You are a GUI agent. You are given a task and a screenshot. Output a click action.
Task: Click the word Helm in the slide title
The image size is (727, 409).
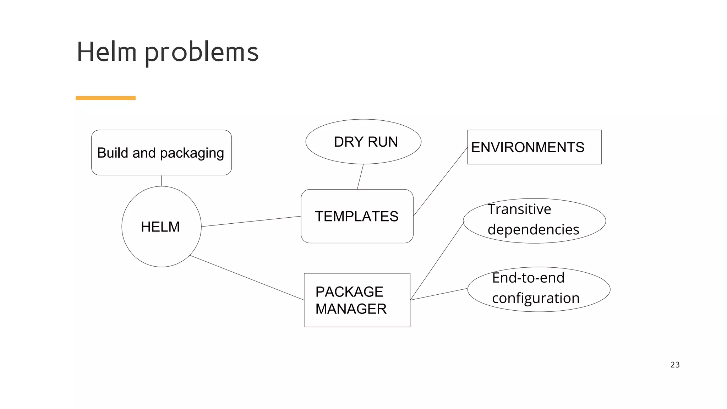point(106,52)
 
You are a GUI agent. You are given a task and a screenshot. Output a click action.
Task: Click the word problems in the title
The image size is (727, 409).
point(202,53)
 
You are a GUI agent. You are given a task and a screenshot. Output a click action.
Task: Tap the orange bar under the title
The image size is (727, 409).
point(105,98)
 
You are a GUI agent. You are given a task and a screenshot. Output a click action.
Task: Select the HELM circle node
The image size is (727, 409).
point(161,227)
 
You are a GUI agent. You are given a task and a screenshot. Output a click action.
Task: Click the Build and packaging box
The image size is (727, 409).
point(161,153)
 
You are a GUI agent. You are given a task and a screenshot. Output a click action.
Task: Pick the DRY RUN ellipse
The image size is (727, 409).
point(363,142)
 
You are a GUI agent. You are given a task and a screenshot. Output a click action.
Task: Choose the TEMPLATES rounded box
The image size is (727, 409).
point(357,216)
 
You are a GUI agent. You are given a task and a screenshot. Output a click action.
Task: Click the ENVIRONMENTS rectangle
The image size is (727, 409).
point(534,147)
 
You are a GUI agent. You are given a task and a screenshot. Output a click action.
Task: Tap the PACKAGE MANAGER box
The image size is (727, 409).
point(357,300)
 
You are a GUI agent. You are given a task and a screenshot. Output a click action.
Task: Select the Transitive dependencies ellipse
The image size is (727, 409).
point(534,220)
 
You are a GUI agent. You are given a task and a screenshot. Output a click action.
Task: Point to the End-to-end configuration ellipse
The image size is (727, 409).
point(538,289)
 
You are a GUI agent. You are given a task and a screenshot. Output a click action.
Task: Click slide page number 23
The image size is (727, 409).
point(674,365)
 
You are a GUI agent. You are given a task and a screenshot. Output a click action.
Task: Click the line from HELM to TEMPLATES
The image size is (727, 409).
point(251,222)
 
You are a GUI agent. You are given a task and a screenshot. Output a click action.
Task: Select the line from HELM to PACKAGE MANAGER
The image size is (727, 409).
point(247,278)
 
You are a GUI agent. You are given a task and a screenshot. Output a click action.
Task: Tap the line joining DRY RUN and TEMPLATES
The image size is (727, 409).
point(360,176)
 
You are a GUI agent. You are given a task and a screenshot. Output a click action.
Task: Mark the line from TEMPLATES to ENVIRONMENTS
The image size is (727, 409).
point(440,182)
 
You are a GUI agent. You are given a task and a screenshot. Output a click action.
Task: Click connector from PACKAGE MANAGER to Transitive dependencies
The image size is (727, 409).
point(437,261)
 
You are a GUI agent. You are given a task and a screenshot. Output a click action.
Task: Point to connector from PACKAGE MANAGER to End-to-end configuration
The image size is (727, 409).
point(439,294)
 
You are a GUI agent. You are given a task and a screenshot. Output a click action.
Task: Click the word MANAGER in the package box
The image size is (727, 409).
point(351,309)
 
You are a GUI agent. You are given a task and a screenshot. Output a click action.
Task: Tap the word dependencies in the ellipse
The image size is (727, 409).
point(533,230)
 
